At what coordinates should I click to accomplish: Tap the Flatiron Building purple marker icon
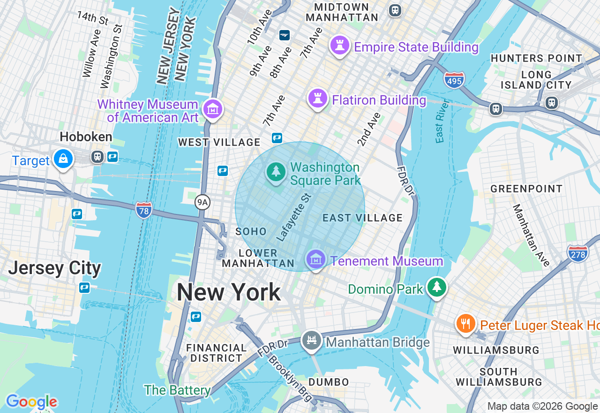click(317, 99)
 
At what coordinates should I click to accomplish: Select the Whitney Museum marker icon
click(213, 109)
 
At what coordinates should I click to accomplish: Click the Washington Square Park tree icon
click(276, 171)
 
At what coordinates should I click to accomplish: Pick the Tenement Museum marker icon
click(316, 259)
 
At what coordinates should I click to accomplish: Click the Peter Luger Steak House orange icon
click(465, 324)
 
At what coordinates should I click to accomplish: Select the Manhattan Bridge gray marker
click(311, 340)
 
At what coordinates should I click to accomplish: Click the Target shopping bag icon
click(63, 160)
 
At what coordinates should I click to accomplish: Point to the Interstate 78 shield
click(143, 209)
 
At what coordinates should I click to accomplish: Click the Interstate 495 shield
click(454, 80)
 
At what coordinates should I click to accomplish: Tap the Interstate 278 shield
click(577, 253)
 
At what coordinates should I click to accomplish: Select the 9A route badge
click(202, 202)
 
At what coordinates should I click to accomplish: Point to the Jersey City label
click(54, 268)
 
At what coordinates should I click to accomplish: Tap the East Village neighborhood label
click(363, 218)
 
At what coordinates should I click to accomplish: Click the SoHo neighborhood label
click(251, 231)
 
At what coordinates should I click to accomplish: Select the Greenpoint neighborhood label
click(526, 189)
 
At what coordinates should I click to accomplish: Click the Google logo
click(31, 402)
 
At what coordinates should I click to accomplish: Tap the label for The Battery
click(177, 390)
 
